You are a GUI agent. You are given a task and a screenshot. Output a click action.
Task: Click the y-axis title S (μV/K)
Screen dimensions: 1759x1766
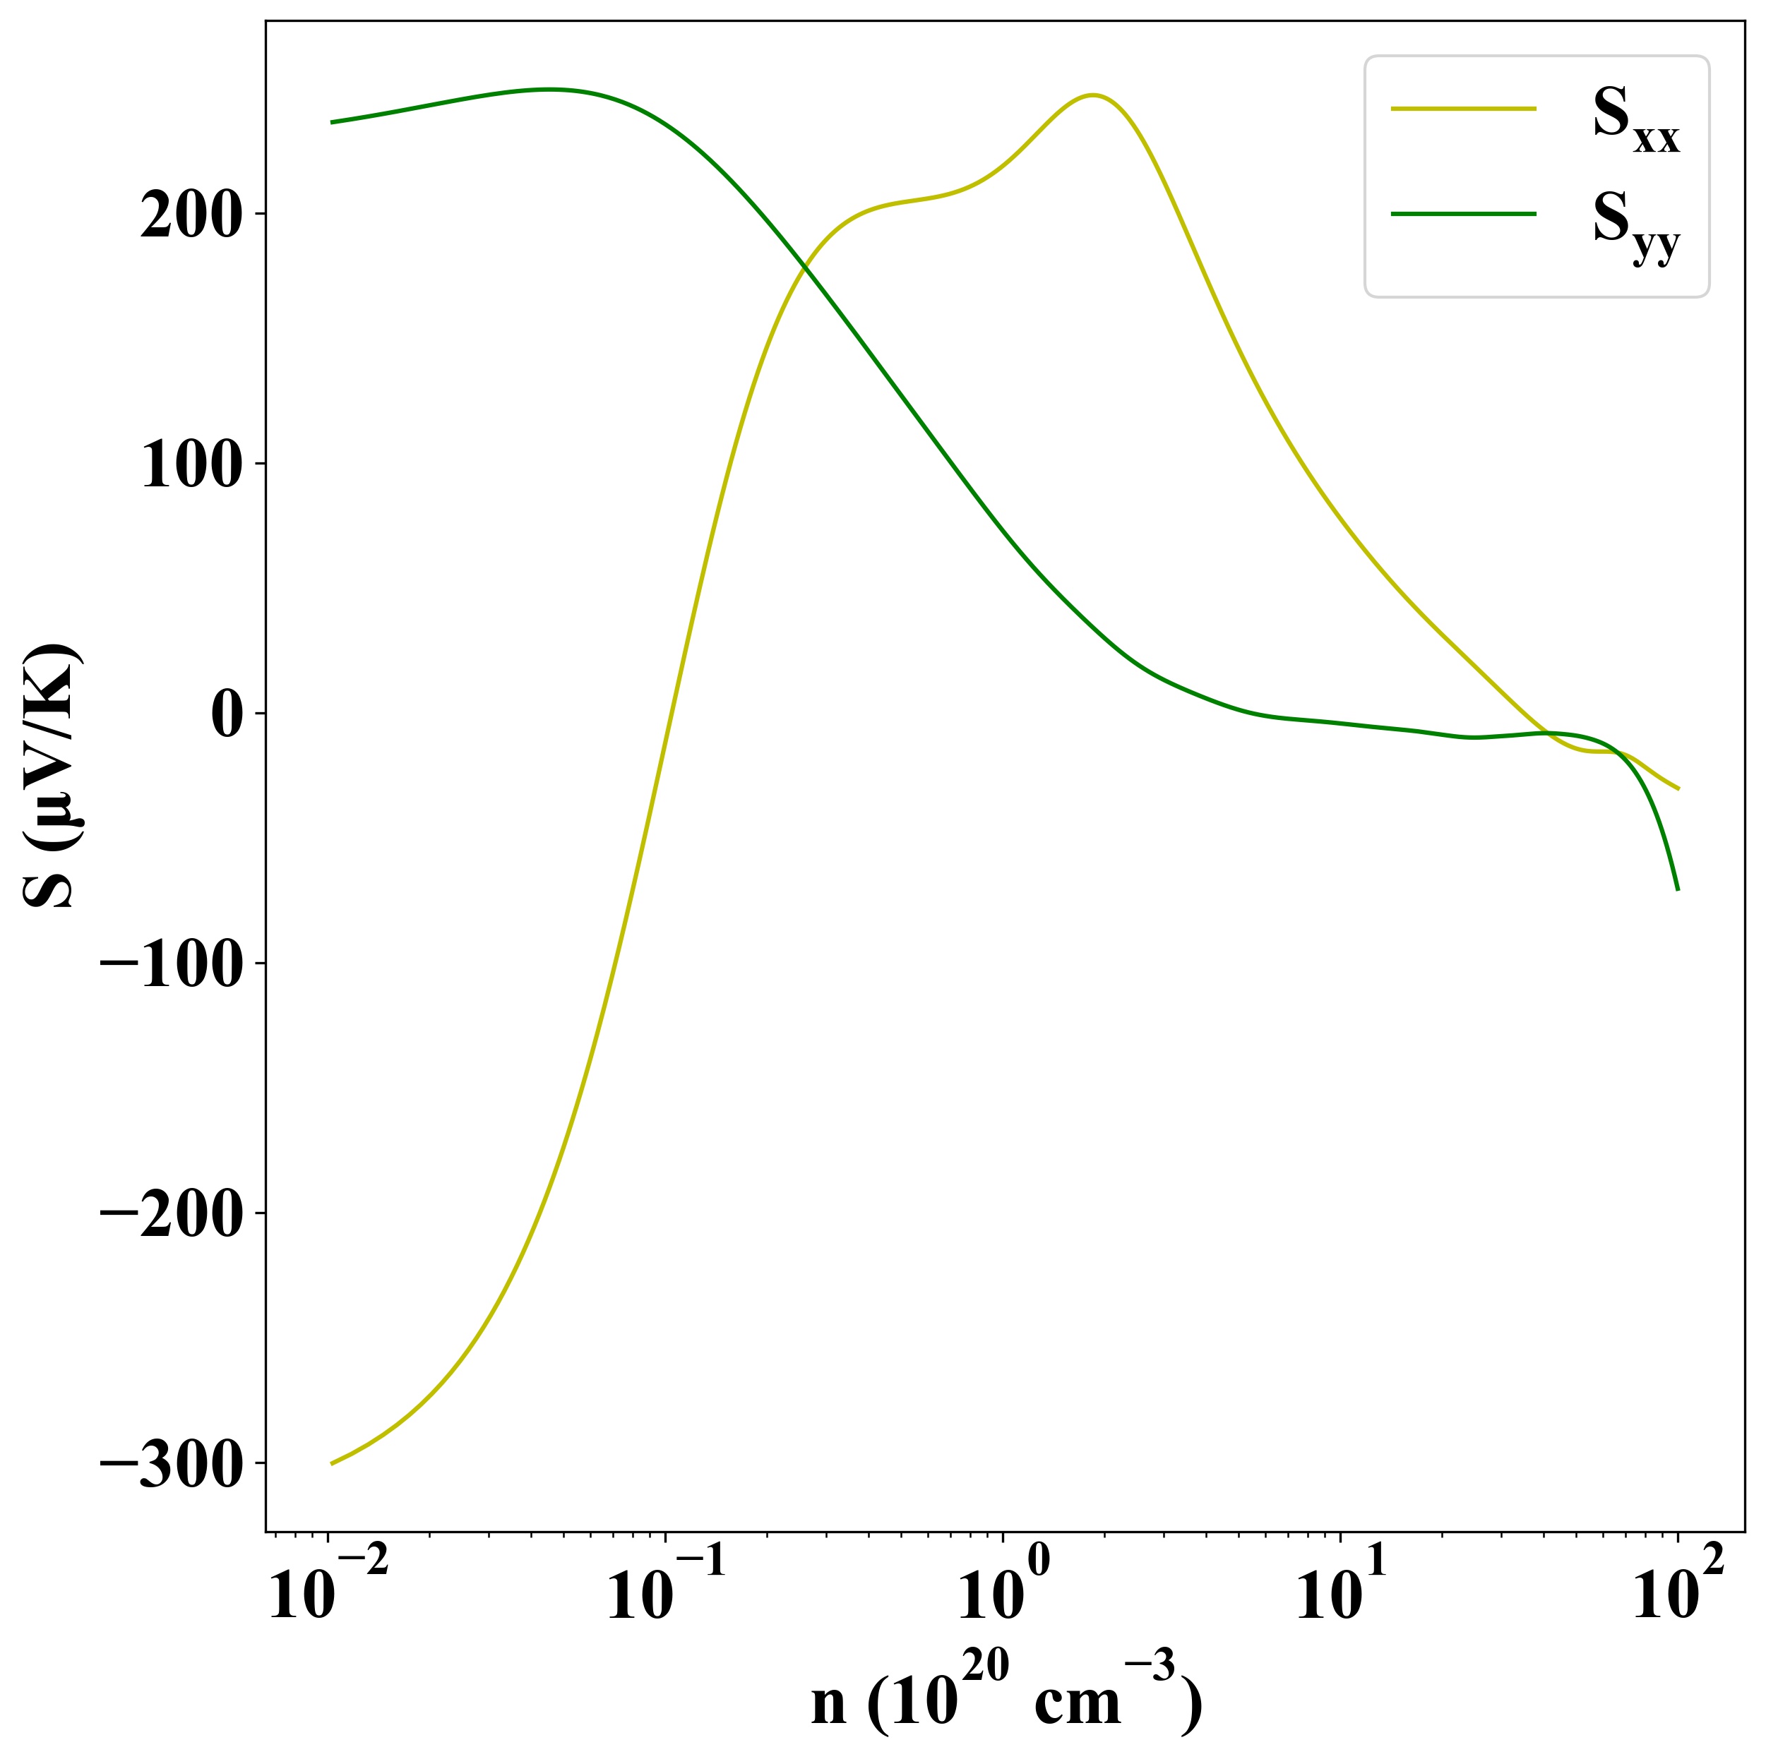coord(53,776)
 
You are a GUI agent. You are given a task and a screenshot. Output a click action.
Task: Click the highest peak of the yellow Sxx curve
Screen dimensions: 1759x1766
coord(1092,95)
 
